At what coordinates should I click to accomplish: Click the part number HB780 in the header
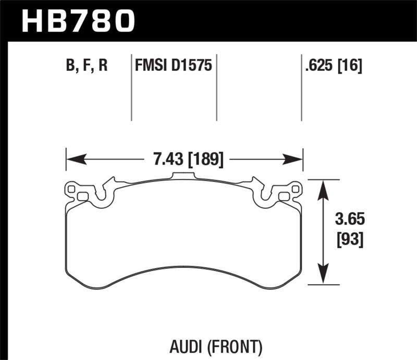[78, 21]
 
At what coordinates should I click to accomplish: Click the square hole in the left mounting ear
[82, 196]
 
